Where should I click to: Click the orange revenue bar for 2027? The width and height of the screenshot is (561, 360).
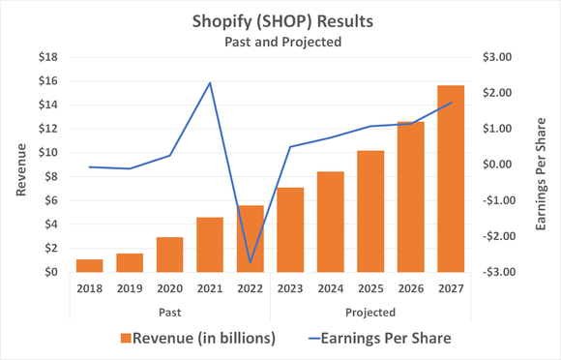[x=451, y=179]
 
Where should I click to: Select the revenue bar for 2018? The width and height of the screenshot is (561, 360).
[x=89, y=266]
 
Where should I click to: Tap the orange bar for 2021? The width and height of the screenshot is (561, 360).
[x=210, y=245]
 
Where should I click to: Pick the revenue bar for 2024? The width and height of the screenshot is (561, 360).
[x=330, y=222]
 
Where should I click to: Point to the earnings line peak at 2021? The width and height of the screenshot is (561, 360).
[x=210, y=83]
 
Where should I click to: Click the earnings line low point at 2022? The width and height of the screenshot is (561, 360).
[x=251, y=262]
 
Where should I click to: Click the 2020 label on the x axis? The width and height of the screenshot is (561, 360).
[x=169, y=287]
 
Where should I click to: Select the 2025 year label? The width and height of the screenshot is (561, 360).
[x=370, y=287]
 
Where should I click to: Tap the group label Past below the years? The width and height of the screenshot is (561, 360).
[x=169, y=312]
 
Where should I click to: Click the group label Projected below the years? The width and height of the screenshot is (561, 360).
[x=370, y=312]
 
